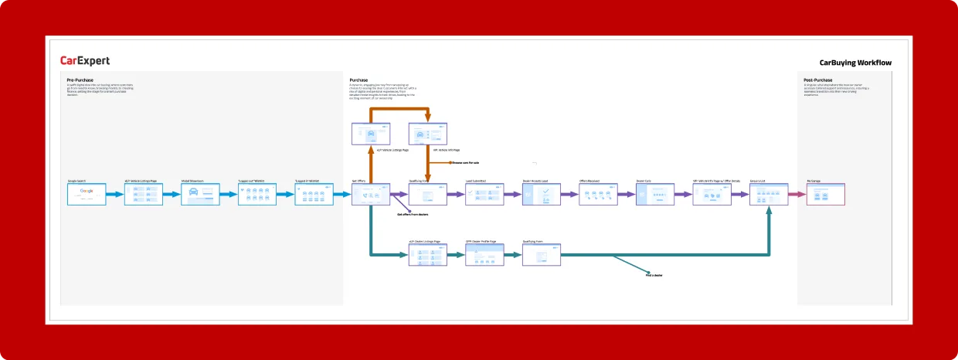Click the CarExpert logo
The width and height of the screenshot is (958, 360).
pos(85,61)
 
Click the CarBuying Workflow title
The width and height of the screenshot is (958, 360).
pos(855,63)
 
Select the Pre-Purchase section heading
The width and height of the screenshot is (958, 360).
pos(80,80)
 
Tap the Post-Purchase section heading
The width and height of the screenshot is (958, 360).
pos(818,80)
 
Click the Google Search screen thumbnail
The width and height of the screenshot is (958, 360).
pos(87,195)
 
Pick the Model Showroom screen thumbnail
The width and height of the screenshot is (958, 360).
pos(200,195)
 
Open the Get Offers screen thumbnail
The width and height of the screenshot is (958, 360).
pos(371,195)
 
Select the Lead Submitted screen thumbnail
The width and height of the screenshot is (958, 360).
pos(484,195)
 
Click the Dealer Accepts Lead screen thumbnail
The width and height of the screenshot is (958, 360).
pos(542,195)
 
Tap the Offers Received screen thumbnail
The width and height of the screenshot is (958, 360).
pos(599,195)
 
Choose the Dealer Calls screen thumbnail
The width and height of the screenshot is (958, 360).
pos(655,195)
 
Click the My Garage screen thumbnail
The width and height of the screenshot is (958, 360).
pos(826,195)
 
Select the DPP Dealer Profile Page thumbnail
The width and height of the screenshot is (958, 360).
pos(484,255)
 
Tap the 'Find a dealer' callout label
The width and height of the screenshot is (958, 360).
pos(654,275)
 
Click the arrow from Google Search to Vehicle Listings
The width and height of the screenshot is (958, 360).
pos(114,195)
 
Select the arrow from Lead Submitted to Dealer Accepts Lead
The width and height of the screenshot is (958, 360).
pos(513,195)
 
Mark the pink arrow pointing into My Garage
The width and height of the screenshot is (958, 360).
pos(797,195)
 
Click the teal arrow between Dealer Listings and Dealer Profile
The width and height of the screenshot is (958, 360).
pos(456,255)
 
